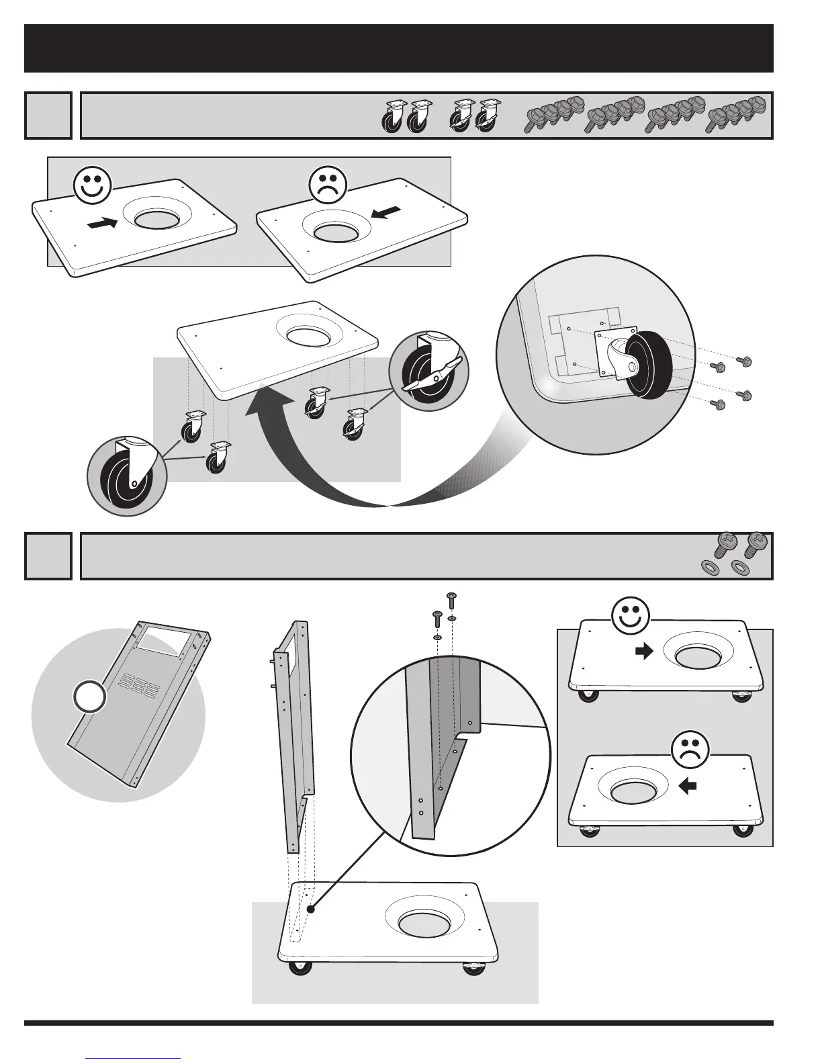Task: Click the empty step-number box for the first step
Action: click(48, 116)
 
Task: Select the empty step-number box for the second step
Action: click(48, 556)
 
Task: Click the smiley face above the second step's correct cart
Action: click(631, 617)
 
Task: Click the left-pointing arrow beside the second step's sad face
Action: click(689, 786)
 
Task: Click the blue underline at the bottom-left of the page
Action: click(134, 1059)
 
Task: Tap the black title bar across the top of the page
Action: click(399, 48)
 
